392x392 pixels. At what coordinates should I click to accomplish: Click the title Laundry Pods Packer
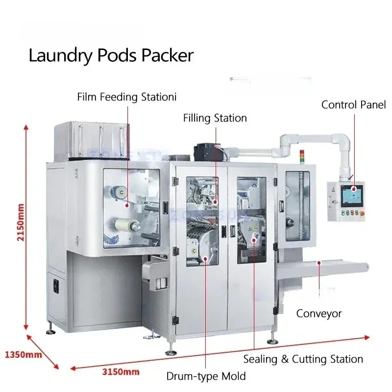coord(111,55)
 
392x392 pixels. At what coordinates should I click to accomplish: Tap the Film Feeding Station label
coord(127,97)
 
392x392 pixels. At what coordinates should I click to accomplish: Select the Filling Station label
coord(215,118)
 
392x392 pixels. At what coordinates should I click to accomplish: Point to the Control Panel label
coord(353,105)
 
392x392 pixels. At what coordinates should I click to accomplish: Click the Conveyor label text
coord(319,314)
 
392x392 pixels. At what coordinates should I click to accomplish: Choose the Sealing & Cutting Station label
coord(303,359)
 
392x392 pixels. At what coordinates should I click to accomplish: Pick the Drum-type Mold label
coord(206,376)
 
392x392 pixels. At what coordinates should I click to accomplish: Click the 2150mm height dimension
coord(21,222)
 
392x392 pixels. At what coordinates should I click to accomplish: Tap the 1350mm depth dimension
coord(24,354)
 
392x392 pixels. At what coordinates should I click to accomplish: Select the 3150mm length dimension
coord(121,372)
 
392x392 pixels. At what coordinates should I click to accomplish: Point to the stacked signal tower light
coord(302,156)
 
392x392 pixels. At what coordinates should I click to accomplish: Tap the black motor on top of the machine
coord(207,152)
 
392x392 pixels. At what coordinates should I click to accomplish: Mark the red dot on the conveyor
coord(319,263)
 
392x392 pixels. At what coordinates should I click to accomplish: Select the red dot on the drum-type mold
coord(205,259)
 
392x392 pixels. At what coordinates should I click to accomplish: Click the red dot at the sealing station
coord(254,240)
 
